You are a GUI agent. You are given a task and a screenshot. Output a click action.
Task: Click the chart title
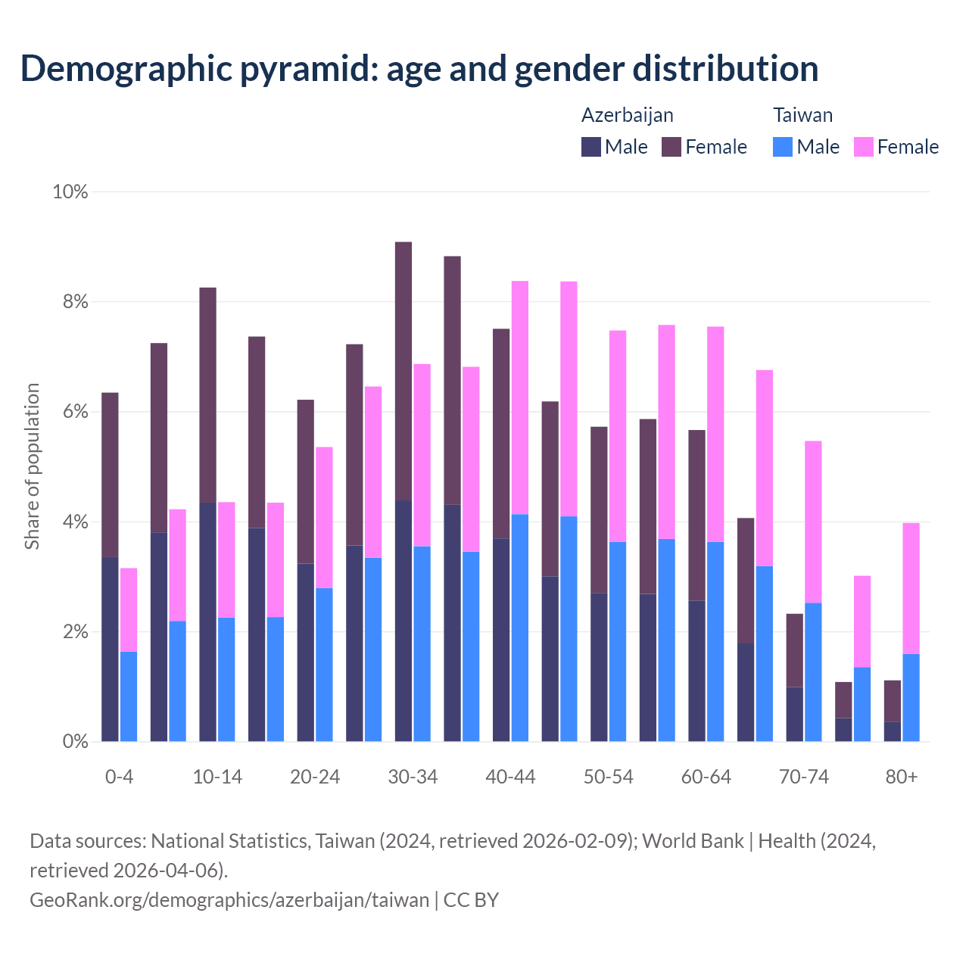click(x=419, y=68)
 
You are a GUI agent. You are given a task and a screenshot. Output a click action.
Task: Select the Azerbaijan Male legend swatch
click(x=591, y=147)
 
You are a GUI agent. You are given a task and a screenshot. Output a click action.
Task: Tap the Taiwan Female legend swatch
click(x=864, y=147)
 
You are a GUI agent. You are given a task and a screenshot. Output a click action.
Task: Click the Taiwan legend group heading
click(x=802, y=115)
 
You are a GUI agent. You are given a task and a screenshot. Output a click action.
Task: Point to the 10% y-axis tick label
click(x=70, y=192)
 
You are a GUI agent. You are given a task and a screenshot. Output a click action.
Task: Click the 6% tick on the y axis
click(x=74, y=412)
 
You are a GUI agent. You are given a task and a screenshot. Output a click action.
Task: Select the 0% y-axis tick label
click(x=74, y=742)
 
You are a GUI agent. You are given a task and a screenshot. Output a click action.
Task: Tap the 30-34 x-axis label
click(x=413, y=777)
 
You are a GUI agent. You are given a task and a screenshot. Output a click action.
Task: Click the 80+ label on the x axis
click(x=902, y=777)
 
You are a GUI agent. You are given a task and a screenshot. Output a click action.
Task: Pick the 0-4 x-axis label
click(x=120, y=777)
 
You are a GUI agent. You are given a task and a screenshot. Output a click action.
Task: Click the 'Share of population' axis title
click(x=32, y=466)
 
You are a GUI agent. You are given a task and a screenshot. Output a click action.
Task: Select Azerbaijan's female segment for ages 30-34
click(x=403, y=371)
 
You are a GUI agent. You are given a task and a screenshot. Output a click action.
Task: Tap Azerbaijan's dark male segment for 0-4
click(x=111, y=650)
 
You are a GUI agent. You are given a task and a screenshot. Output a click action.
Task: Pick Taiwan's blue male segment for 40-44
click(x=520, y=628)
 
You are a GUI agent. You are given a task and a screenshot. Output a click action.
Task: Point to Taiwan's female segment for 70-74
click(x=813, y=522)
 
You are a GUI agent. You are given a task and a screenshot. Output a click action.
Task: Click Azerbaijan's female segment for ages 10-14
click(x=208, y=394)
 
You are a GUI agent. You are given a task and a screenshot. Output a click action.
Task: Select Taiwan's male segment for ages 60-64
click(x=715, y=642)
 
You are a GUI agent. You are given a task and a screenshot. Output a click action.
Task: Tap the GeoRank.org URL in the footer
click(x=229, y=900)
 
